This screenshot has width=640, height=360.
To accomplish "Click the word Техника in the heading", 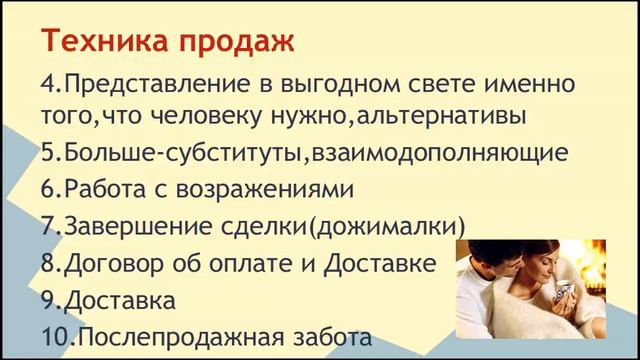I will pyautogui.click(x=94, y=43).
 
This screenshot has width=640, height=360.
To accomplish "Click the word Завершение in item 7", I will pyautogui.click(x=132, y=227).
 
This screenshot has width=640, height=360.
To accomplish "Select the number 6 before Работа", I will pyautogui.click(x=47, y=190).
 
